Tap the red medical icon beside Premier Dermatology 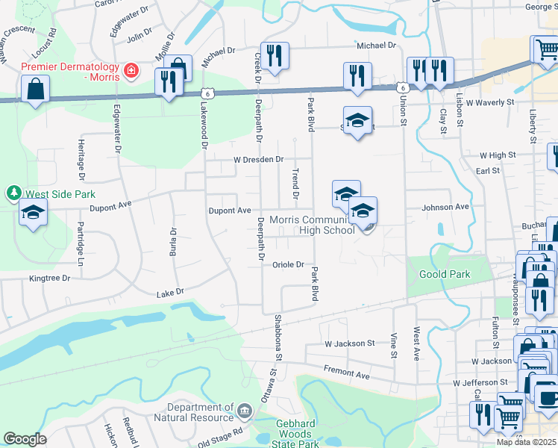pos(131,70)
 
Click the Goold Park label pos(445,274)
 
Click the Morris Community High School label pos(312,225)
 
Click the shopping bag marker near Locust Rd pos(35,90)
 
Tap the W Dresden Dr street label pos(259,159)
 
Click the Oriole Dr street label pos(288,264)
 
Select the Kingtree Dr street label pos(49,278)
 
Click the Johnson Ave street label pos(446,207)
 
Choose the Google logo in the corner pos(25,439)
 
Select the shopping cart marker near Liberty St pos(545,49)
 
